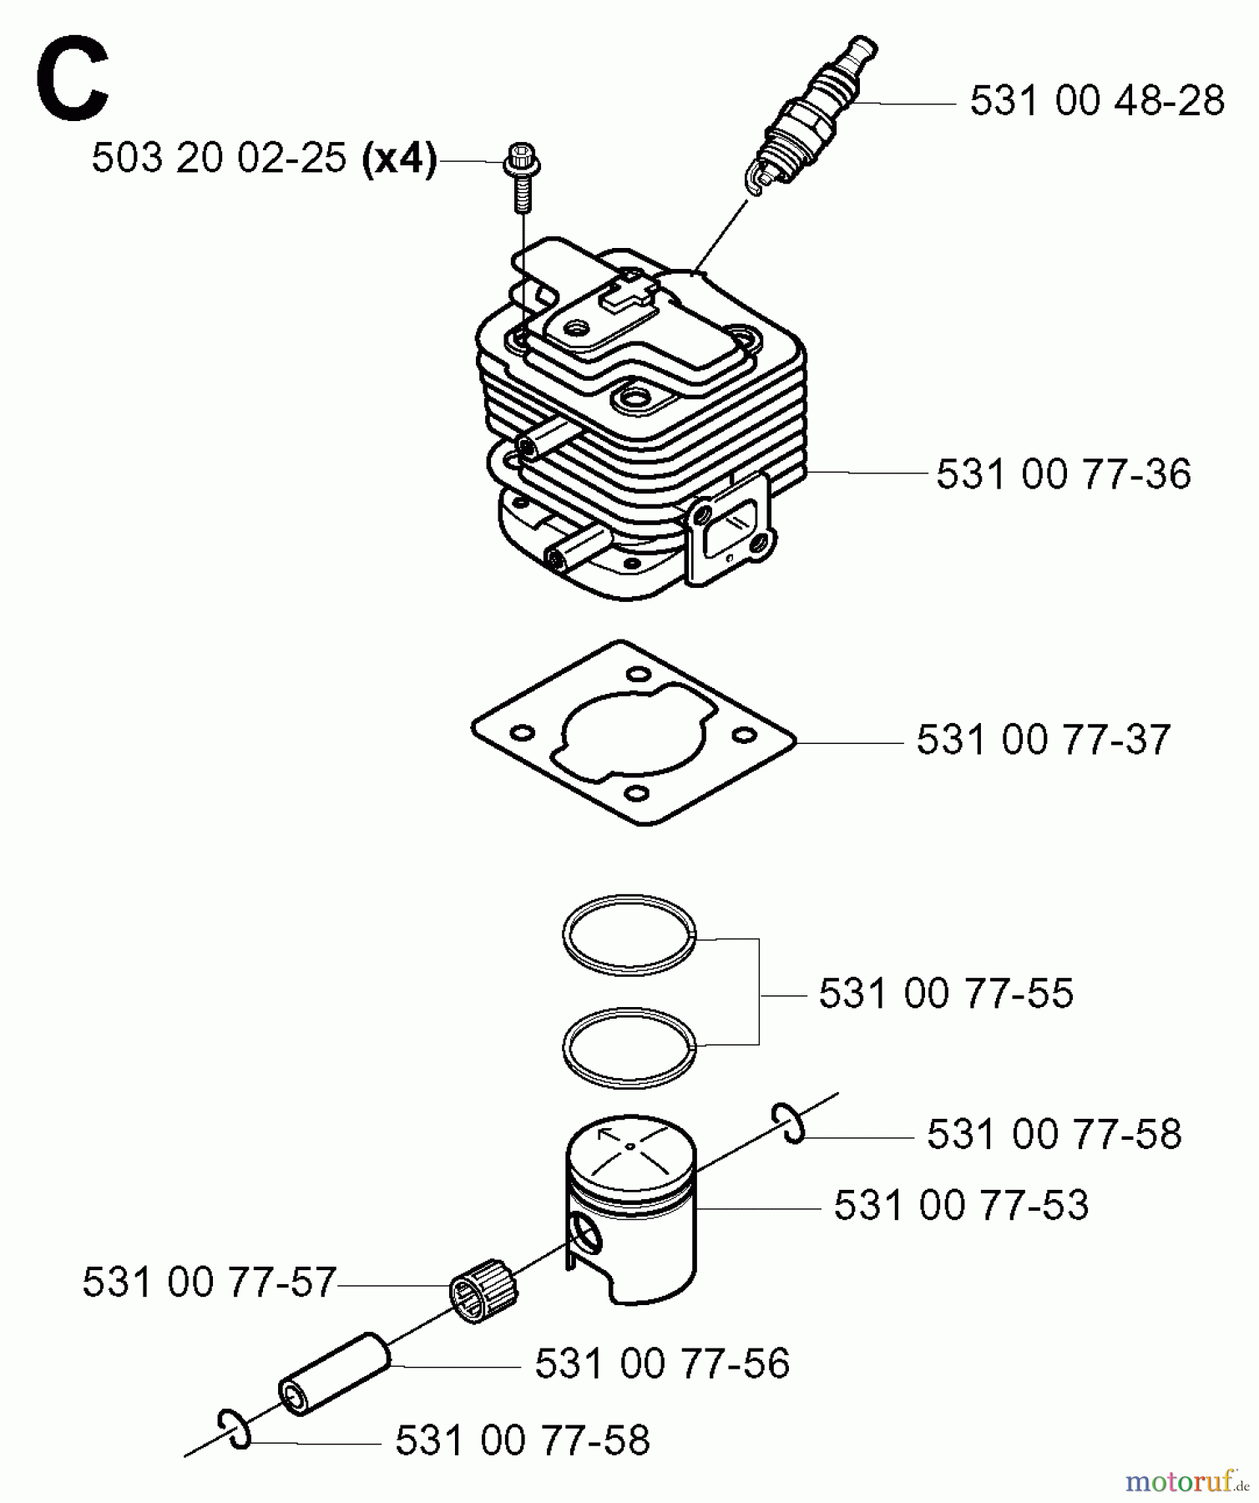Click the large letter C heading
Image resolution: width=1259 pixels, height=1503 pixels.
pos(73,79)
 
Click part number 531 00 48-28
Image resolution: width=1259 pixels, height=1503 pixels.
pos(1096,101)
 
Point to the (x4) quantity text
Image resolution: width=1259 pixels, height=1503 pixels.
pos(399,158)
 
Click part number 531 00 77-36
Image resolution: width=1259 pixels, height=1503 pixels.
pos(1063,474)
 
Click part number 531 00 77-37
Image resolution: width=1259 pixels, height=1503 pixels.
pos(1043,740)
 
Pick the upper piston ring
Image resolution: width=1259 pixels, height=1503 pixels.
pos(629,934)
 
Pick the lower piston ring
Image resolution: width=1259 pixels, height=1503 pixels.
pos(629,1048)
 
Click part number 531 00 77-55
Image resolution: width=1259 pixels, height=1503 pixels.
pos(945,994)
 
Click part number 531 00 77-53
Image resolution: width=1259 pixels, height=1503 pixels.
pos(961,1206)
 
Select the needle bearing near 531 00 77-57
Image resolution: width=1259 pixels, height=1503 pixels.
pos(484,1294)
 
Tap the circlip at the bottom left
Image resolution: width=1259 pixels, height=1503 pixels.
pos(235,1429)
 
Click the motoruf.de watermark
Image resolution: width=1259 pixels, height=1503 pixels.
pos(1186,1482)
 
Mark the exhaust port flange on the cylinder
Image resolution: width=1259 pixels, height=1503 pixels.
pos(727,530)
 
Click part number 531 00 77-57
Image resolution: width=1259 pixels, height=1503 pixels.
pos(209,1283)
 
